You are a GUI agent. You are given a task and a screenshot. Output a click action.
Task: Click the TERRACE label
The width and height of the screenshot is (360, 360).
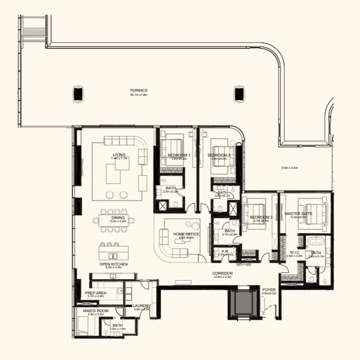pos(138,90)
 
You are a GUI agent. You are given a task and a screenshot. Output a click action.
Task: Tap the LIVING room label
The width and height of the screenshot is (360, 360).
pos(119,155)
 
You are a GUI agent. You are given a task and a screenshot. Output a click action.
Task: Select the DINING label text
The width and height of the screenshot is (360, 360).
pos(118,218)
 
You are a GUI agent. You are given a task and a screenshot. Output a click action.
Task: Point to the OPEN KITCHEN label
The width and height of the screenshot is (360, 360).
pos(114,264)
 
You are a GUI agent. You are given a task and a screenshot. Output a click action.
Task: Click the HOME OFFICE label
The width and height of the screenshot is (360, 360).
pos(186,234)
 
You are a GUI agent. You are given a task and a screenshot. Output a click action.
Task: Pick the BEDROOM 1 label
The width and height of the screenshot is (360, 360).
pos(179,155)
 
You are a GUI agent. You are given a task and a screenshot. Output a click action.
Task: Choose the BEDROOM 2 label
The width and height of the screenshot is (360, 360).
pos(219,155)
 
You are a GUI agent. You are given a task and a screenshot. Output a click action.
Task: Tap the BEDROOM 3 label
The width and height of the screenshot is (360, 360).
pos(261,217)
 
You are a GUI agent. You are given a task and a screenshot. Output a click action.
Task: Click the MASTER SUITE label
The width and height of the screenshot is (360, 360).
pos(298,214)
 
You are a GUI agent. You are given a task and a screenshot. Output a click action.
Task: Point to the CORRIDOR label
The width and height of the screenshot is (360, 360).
pos(222,273)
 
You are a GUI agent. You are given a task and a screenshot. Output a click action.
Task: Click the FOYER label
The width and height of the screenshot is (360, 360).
pos(269,290)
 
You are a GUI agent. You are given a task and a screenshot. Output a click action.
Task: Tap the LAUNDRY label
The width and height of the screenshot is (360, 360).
pos(142,306)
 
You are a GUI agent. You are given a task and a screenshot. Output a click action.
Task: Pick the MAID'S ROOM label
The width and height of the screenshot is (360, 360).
pos(96,311)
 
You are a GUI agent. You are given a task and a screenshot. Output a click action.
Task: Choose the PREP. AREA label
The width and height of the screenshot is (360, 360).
pos(96,293)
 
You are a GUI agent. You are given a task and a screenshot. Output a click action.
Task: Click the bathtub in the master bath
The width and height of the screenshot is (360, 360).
pos(316,243)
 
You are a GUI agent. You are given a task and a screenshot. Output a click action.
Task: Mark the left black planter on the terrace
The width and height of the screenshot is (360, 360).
pos(78,94)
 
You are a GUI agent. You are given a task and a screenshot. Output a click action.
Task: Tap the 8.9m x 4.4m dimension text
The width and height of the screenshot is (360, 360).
pos(289,168)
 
